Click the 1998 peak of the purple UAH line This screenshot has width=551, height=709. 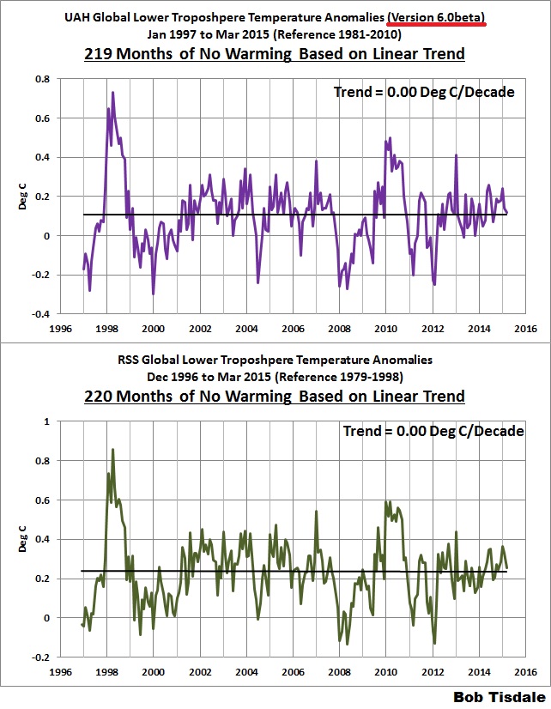[x=112, y=92]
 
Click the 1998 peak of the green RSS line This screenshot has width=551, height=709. [x=112, y=449]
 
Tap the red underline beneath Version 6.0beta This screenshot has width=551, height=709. [x=437, y=25]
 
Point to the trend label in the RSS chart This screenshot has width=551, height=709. [x=443, y=431]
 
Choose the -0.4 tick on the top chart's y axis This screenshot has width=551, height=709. [x=39, y=314]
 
